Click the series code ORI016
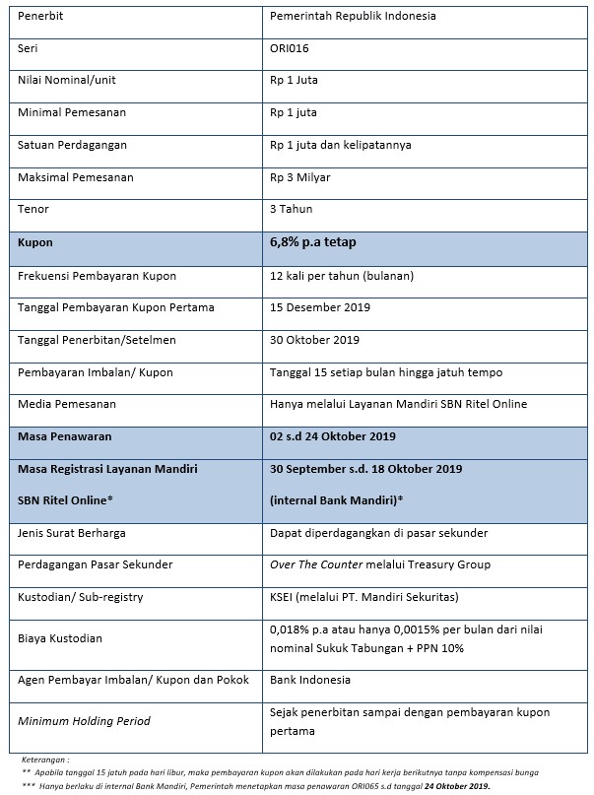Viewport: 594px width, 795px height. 290,48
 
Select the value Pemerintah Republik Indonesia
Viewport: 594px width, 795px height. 353,17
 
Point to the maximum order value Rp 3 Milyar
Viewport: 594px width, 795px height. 300,177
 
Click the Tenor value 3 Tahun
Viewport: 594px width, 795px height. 293,209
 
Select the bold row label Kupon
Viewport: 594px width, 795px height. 35,242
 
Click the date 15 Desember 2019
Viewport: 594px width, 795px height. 320,307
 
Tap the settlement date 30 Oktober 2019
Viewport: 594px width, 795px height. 315,340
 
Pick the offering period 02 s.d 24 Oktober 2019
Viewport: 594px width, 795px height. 332,436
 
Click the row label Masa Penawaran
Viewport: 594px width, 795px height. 65,436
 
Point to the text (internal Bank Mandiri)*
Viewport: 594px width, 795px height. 336,500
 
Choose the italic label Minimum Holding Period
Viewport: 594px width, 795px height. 84,721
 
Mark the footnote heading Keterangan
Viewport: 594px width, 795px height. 44,761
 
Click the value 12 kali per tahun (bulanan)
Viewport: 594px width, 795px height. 342,276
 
